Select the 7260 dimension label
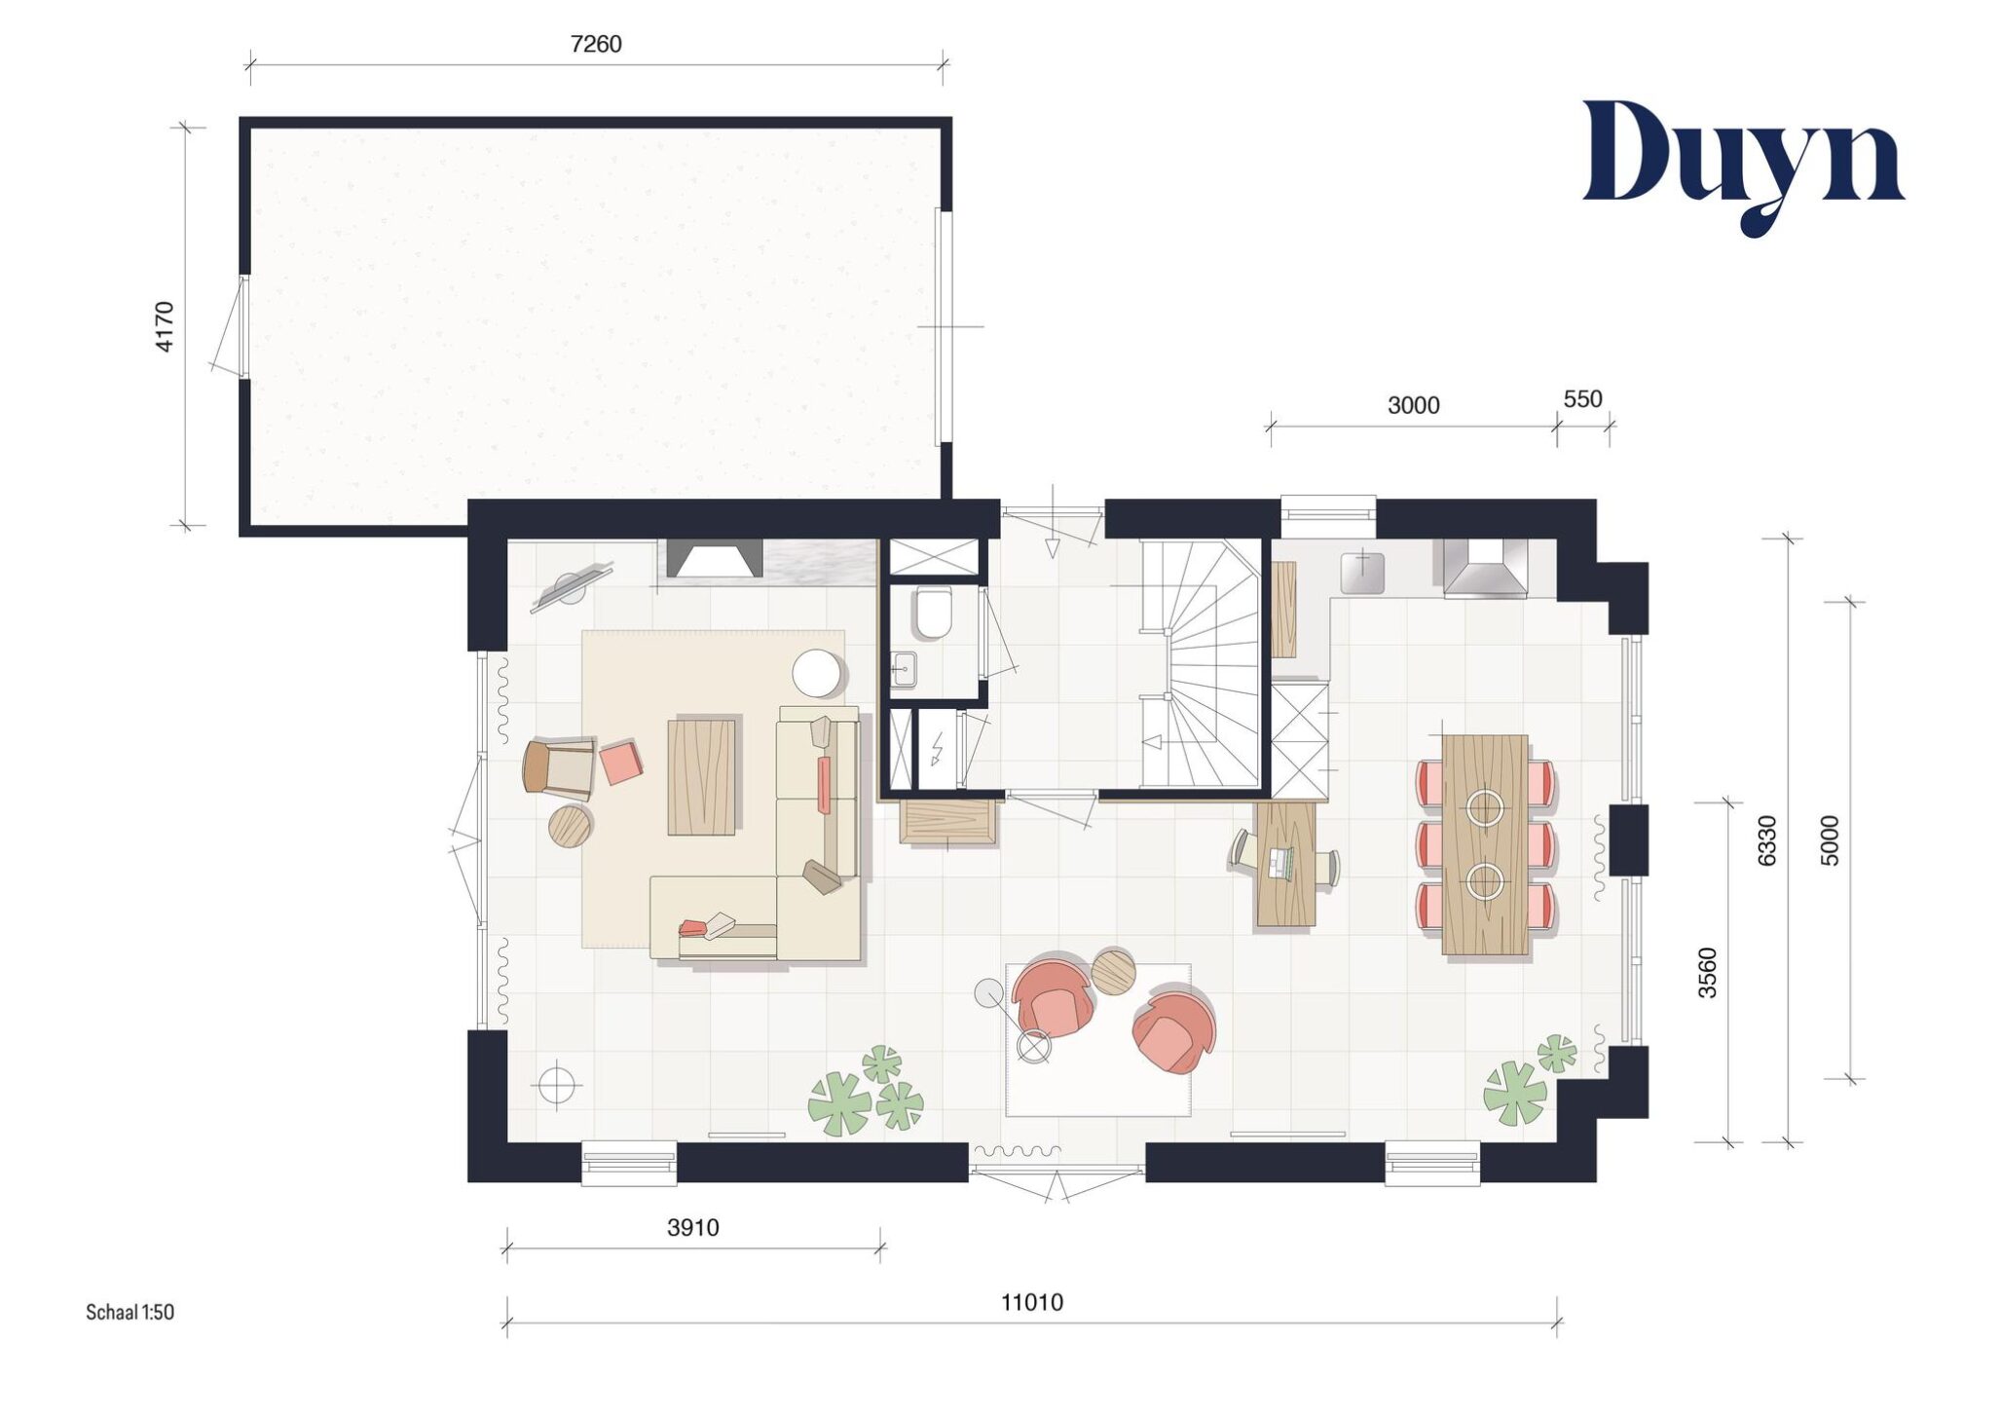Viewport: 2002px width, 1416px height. pos(595,44)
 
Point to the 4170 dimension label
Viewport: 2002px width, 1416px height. pos(165,326)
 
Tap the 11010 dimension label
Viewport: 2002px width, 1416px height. pos(1032,1302)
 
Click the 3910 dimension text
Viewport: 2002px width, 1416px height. pos(692,1227)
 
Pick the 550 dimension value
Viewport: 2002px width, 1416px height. pos(1582,398)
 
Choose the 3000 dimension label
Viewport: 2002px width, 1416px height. pos(1413,405)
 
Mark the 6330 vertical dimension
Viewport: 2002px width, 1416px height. pos(1767,839)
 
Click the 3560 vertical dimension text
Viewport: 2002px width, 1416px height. pos(1707,972)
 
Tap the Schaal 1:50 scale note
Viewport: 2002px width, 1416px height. pos(130,1312)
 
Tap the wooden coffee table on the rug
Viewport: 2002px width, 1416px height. pos(701,776)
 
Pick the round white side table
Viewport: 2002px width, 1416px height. pos(818,673)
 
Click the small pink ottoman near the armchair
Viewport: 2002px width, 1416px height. pos(620,763)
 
